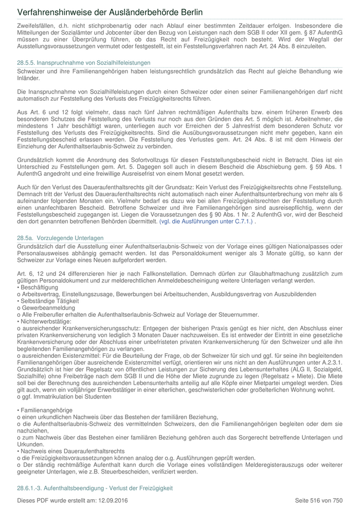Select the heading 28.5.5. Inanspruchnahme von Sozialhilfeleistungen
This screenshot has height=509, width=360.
click(84, 62)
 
